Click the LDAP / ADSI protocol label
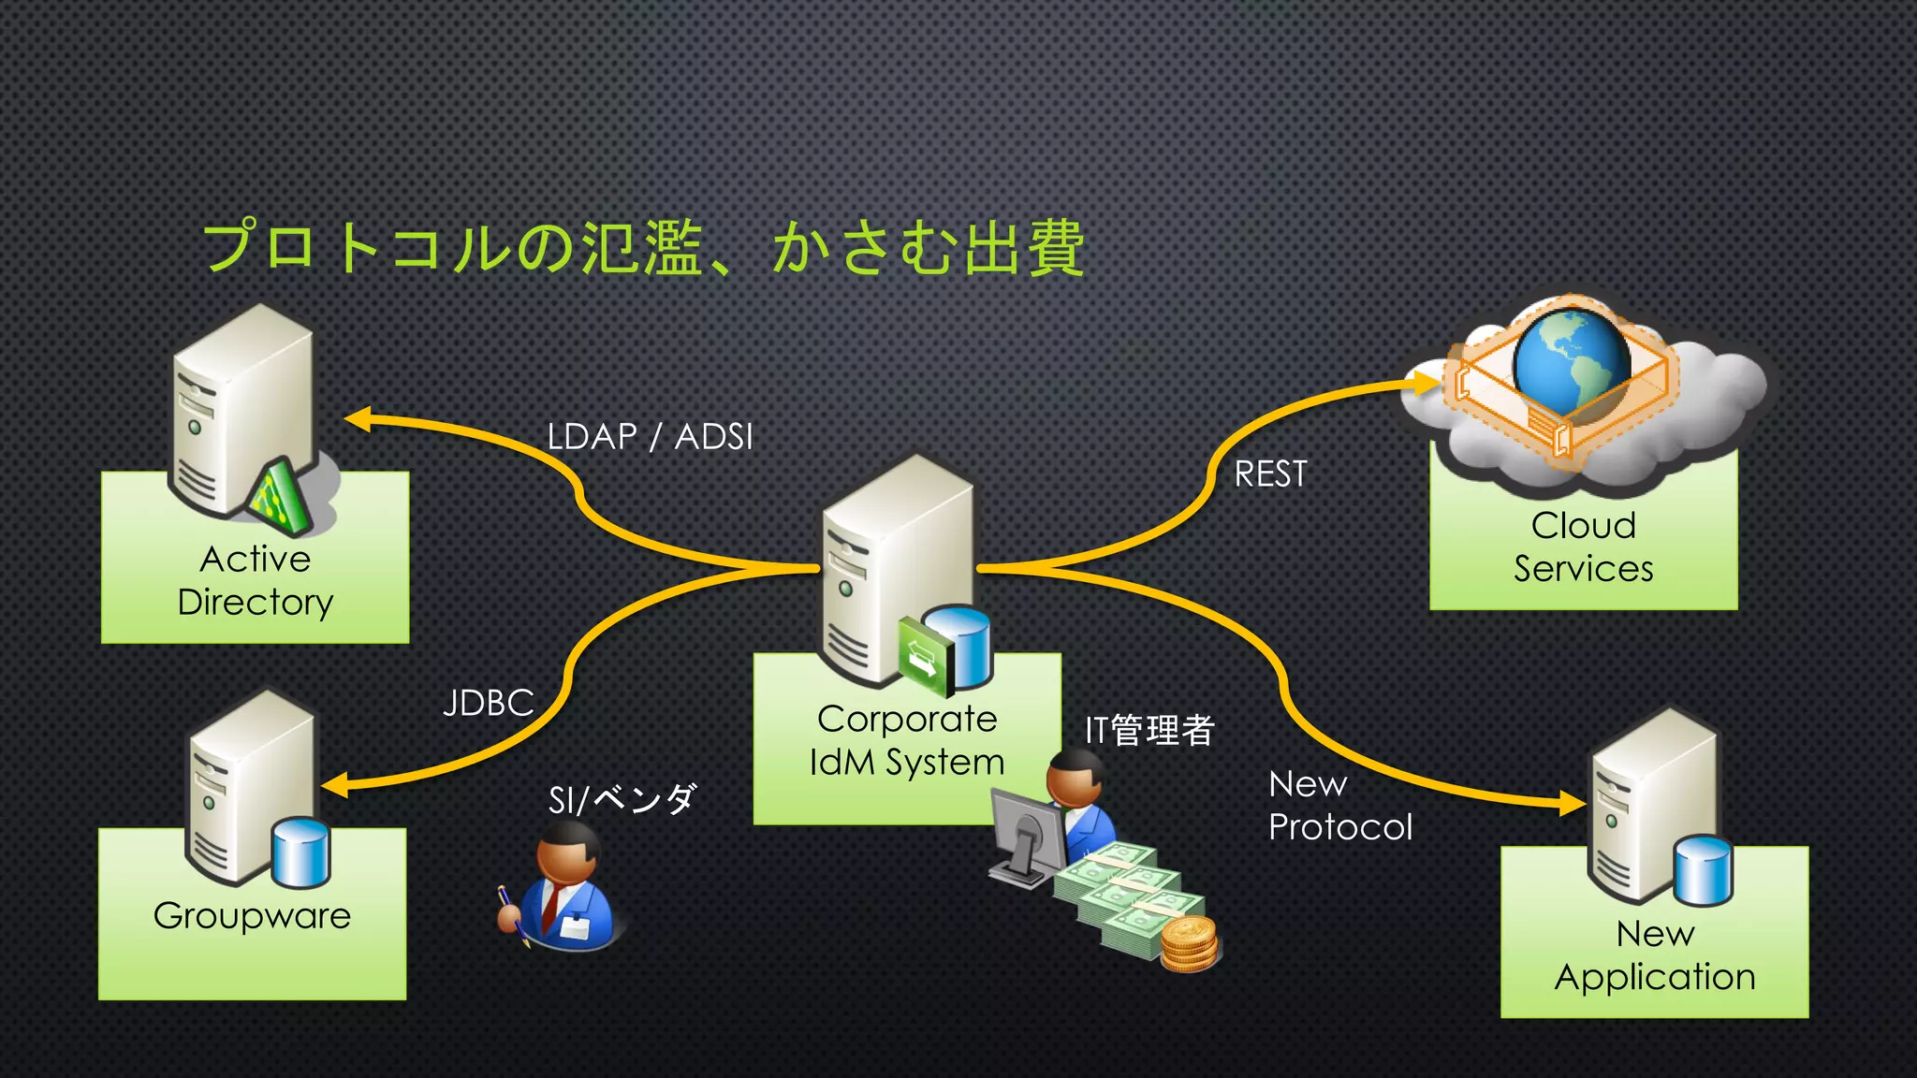[x=650, y=437]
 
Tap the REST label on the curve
[x=1270, y=473]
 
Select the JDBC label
[x=488, y=703]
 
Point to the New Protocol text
[x=1339, y=806]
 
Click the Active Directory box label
[x=255, y=580]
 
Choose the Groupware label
[x=252, y=915]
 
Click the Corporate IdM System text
[x=906, y=740]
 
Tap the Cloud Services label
[x=1583, y=547]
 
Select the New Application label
[x=1654, y=955]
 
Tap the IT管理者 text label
[x=1149, y=730]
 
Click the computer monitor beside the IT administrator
[x=1028, y=833]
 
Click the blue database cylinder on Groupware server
[x=300, y=852]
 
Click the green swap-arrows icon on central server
[x=923, y=654]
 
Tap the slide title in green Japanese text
[x=643, y=247]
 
